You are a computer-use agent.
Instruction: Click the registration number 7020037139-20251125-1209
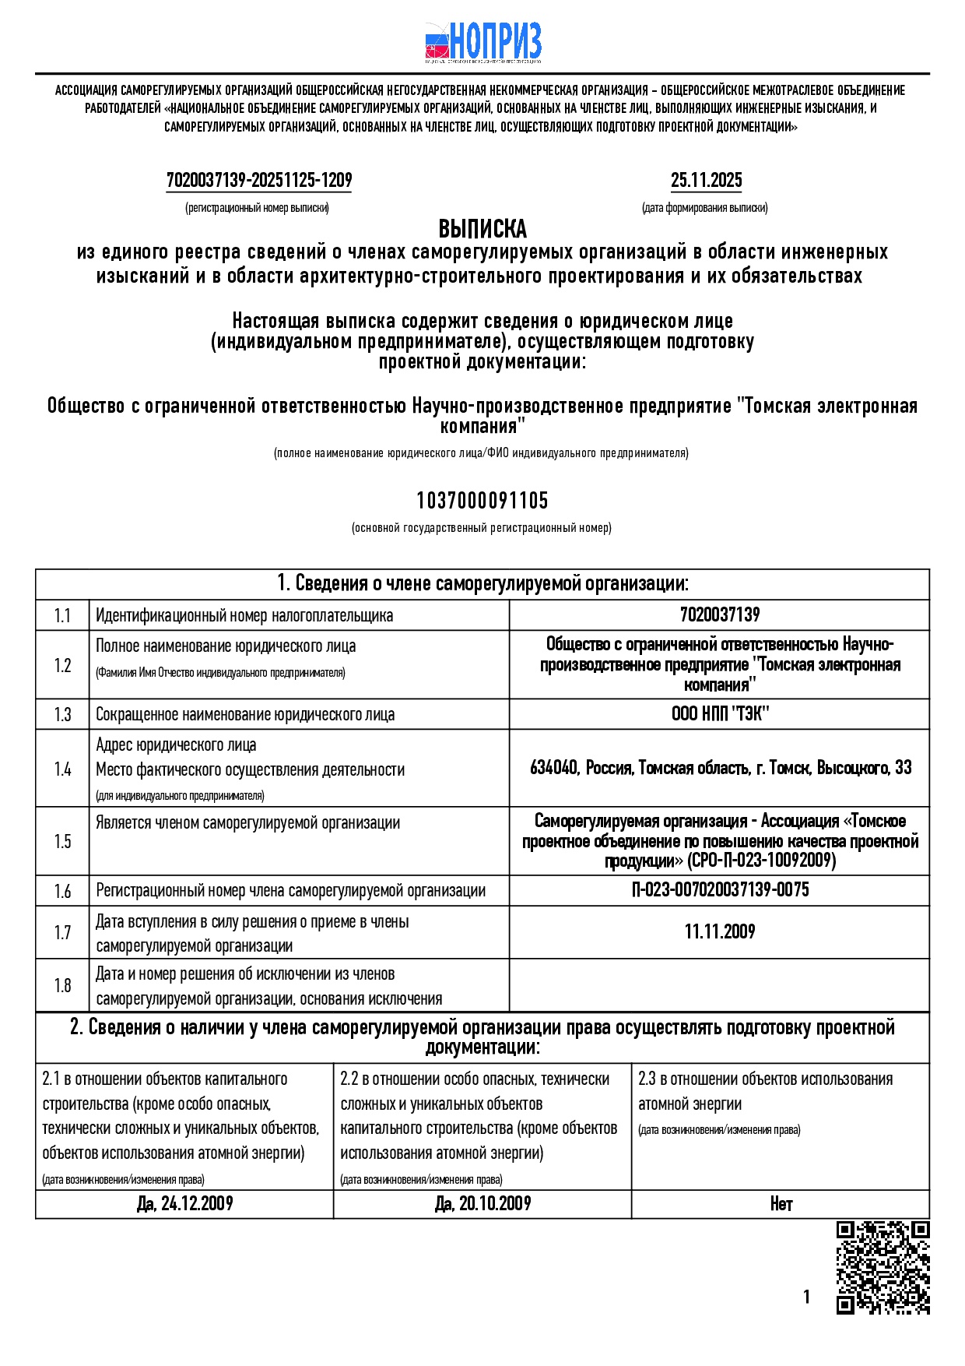259,181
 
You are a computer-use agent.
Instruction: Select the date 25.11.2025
706,181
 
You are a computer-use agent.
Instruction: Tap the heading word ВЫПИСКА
482,229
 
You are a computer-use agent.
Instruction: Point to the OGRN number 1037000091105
482,500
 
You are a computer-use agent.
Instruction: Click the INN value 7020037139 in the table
720,614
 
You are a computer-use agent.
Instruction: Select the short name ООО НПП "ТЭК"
720,714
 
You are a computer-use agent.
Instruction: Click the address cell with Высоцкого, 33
720,768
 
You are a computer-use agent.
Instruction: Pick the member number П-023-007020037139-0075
720,890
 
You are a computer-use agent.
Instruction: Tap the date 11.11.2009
720,931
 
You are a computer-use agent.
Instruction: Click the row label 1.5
62,841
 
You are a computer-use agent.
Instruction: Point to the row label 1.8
62,986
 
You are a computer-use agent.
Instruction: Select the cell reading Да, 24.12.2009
184,1204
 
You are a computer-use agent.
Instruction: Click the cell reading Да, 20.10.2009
482,1204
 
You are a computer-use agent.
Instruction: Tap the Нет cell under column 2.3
781,1204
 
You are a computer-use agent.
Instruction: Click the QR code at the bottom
883,1268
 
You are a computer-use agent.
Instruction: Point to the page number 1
806,1297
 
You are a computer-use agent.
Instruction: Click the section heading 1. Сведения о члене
482,584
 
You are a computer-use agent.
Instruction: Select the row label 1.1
62,615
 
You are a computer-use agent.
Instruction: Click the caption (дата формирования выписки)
704,208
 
